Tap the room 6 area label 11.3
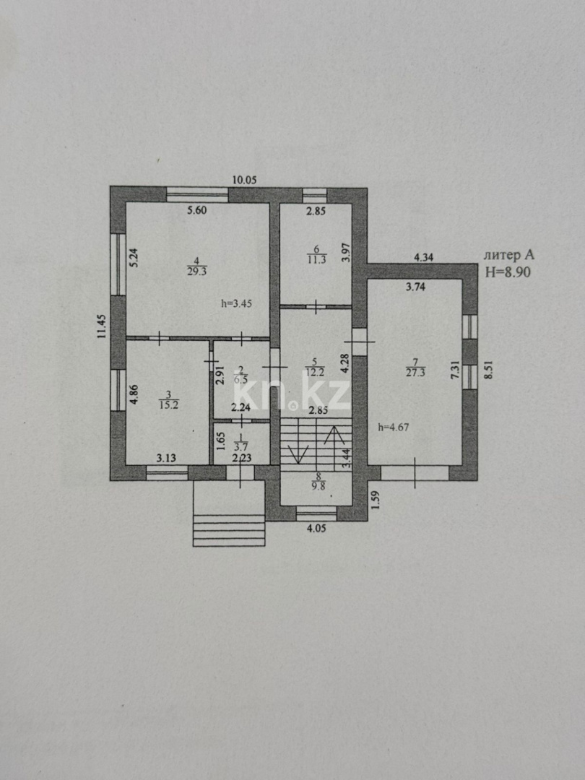click(315, 259)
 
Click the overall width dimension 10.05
click(244, 180)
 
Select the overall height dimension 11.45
click(103, 326)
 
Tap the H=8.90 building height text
click(509, 272)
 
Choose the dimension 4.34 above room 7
click(425, 256)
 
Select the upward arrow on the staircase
click(334, 435)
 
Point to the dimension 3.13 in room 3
click(168, 456)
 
